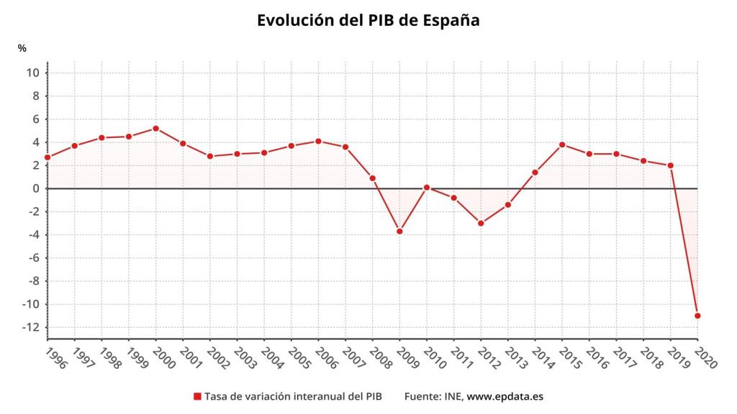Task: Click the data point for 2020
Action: click(697, 316)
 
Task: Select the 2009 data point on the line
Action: click(399, 231)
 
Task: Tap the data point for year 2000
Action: click(155, 129)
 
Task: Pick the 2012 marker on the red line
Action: click(481, 224)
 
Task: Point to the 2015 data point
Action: click(562, 144)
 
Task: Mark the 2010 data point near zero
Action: click(427, 188)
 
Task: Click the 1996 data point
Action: click(48, 157)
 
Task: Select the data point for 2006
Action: click(318, 141)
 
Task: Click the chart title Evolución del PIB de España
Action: click(368, 20)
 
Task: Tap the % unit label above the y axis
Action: click(22, 48)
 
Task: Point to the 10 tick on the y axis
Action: click(32, 73)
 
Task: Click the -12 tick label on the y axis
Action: click(30, 328)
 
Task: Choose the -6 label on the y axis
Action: click(32, 258)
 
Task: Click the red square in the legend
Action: click(197, 397)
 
